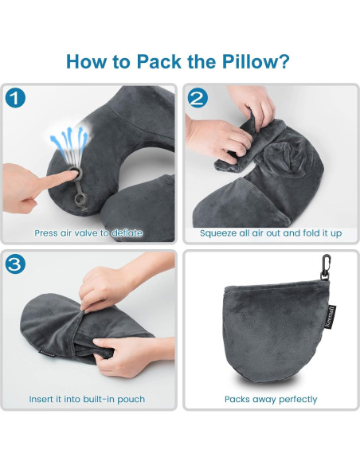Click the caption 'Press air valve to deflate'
point(88,233)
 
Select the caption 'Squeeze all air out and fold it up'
point(270,233)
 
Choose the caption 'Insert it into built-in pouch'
point(87,399)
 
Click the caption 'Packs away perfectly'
point(271,399)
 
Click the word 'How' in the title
point(86,61)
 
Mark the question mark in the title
point(284,61)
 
